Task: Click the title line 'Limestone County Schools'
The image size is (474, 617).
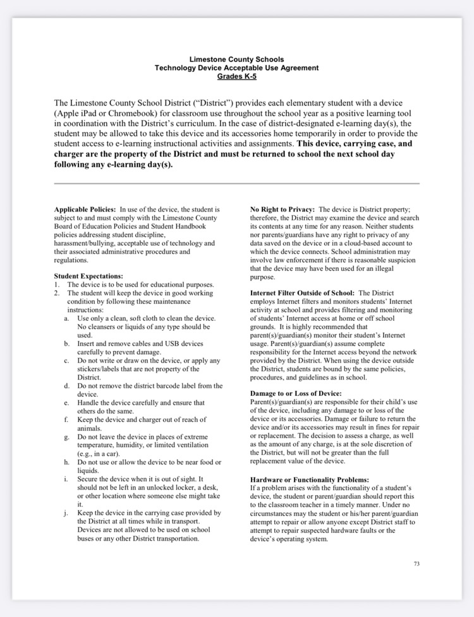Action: pos(237,59)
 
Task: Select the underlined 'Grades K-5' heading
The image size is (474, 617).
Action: pos(237,76)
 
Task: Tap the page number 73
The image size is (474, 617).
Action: pos(416,564)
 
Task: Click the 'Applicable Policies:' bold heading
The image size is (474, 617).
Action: pos(85,209)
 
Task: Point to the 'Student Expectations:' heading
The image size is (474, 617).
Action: pos(88,276)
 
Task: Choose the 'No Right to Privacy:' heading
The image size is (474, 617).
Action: pos(283,209)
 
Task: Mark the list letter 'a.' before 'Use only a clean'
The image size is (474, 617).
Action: pos(66,318)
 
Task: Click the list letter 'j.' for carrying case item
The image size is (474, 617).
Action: pos(66,513)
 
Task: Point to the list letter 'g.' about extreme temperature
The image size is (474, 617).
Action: pos(66,436)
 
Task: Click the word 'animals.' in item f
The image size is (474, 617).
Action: pos(90,428)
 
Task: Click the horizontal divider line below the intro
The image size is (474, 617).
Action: pos(237,184)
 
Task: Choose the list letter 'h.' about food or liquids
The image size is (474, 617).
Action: pos(66,462)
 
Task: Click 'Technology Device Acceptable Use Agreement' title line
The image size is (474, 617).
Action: pos(237,68)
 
